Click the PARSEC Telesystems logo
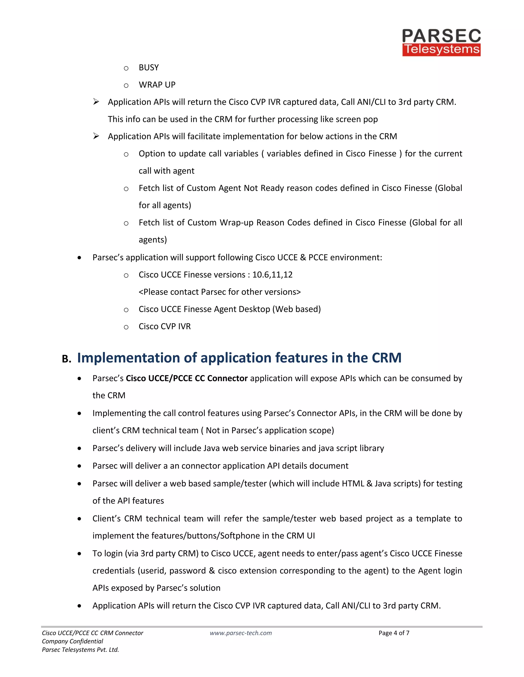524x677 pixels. [441, 42]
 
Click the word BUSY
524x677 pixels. [149, 68]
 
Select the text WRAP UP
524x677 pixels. [157, 85]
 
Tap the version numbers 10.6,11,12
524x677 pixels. [272, 275]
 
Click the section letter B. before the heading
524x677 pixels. [67, 359]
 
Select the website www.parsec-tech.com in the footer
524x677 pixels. [241, 633]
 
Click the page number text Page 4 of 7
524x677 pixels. [394, 633]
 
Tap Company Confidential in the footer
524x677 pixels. [72, 641]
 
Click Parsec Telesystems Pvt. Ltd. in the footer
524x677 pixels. [80, 650]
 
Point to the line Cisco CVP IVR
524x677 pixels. [165, 326]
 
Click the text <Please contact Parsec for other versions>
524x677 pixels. [220, 292]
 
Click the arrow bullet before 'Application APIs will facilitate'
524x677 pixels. [96, 136]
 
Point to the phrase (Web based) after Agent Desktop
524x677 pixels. [297, 309]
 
